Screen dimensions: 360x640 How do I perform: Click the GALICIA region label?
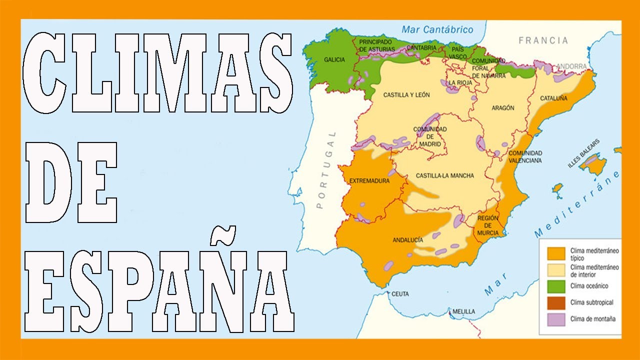pos(334,59)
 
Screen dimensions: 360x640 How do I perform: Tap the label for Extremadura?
pos(369,180)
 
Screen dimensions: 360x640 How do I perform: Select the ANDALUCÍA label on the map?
pos(408,240)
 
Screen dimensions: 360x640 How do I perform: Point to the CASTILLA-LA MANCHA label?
pos(444,175)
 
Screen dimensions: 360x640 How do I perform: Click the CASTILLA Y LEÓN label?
pos(406,94)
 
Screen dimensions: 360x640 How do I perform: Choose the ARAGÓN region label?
pos(503,108)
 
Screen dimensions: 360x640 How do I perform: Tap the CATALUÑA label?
pos(553,98)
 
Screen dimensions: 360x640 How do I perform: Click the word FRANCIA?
pos(543,40)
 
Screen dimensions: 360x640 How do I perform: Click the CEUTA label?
pos(400,293)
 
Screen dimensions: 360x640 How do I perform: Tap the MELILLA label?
pos(463,311)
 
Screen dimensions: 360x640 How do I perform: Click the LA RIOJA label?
pos(458,83)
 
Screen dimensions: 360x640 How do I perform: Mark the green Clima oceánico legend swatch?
pos(556,286)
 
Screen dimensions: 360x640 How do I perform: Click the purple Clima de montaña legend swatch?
pos(556,319)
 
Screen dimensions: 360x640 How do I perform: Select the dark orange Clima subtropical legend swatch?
pos(556,302)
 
